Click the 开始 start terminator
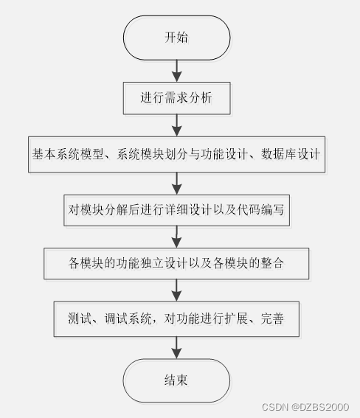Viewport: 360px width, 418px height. click(176, 38)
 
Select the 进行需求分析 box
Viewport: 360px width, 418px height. click(176, 98)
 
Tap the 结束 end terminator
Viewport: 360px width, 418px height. click(176, 380)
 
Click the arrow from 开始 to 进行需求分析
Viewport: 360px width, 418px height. click(176, 71)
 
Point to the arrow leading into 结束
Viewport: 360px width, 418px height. click(176, 348)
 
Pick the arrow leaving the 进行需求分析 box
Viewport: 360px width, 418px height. click(176, 125)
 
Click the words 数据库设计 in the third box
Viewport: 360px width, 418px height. click(291, 154)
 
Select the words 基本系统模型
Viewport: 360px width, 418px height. click(68, 154)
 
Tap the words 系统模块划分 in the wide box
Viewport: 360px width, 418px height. click(152, 154)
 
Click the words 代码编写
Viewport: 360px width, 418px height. click(260, 210)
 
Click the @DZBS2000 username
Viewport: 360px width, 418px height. click(320, 407)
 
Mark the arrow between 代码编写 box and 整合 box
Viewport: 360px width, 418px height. click(176, 237)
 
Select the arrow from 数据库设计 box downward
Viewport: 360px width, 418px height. click(176, 184)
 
